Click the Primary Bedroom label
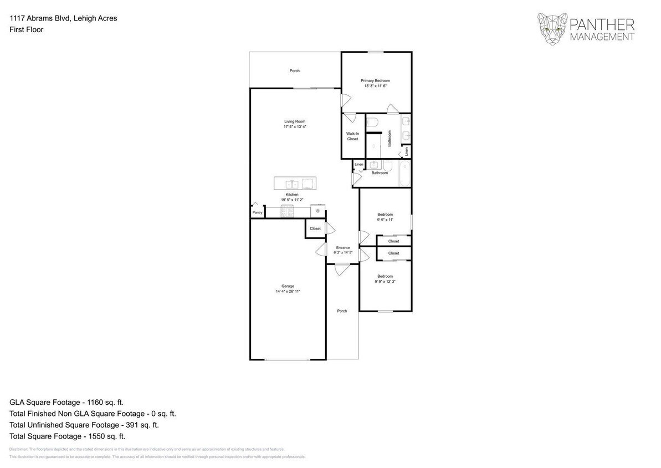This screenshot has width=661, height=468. [375, 81]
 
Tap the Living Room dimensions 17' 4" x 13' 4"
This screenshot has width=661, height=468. [295, 127]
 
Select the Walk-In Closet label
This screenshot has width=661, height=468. [352, 136]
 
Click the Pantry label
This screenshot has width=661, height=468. [257, 212]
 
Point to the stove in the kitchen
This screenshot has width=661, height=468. [288, 211]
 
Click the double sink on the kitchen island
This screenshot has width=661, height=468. [291, 184]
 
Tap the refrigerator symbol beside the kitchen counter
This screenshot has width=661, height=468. [317, 211]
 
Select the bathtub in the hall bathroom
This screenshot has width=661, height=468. [404, 172]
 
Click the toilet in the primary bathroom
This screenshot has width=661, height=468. [372, 121]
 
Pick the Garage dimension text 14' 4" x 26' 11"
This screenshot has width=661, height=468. [288, 291]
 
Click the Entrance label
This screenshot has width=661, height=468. [342, 247]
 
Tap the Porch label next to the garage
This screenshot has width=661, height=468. [342, 311]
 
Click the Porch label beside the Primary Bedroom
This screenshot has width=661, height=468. [295, 71]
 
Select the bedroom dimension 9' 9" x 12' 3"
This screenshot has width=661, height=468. [385, 281]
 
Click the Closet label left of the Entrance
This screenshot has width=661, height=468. [315, 228]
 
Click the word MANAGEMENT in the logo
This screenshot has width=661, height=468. [601, 37]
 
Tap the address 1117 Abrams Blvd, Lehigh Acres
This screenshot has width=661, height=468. [63, 18]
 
